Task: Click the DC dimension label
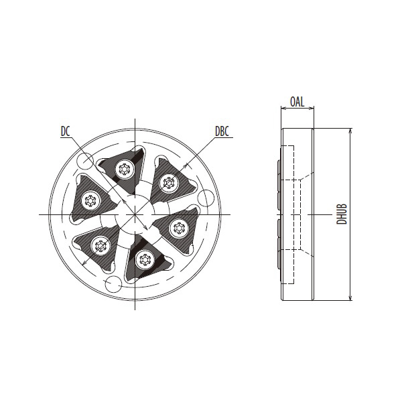click(x=65, y=131)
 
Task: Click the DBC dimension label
click(x=222, y=131)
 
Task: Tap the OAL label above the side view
click(x=297, y=102)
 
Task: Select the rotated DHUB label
click(x=342, y=214)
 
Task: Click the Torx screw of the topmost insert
click(x=125, y=170)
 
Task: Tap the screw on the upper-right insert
click(x=169, y=182)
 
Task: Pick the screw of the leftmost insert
click(x=90, y=200)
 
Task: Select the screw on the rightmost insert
click(x=179, y=228)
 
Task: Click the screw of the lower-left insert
click(x=100, y=246)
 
